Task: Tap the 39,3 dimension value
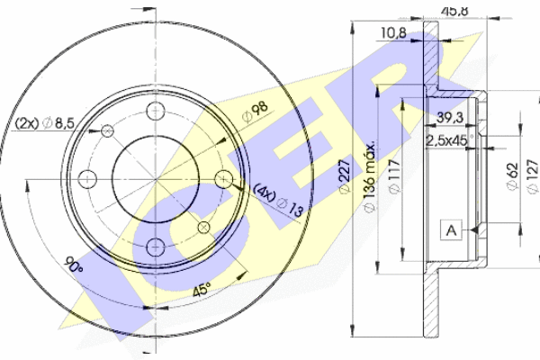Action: click(450, 117)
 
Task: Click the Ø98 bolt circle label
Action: click(257, 112)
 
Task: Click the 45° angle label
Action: click(203, 290)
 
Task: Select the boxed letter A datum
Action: click(450, 230)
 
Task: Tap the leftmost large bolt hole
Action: click(87, 175)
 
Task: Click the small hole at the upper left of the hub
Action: click(108, 130)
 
